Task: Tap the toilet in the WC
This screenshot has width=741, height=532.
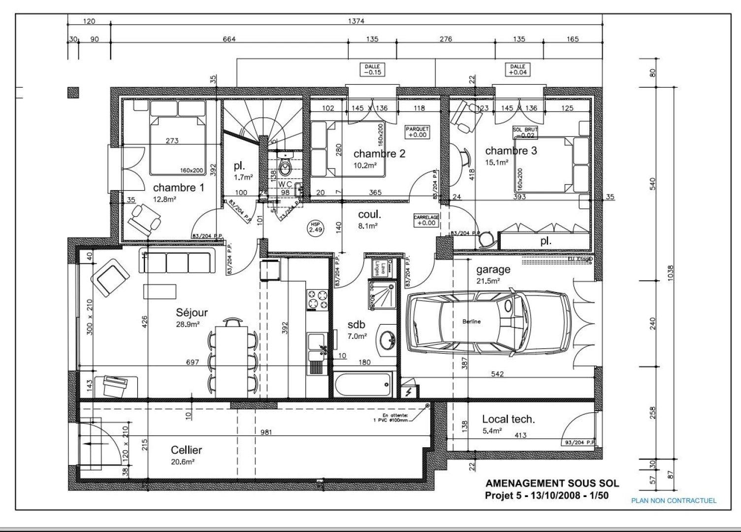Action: click(x=286, y=166)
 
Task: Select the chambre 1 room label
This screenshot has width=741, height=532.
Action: click(x=178, y=188)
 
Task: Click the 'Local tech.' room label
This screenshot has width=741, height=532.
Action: click(x=508, y=419)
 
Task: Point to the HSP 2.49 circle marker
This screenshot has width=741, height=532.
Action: click(x=316, y=227)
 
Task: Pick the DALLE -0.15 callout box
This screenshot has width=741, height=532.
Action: click(x=372, y=69)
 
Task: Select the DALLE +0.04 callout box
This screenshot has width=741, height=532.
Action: click(x=517, y=69)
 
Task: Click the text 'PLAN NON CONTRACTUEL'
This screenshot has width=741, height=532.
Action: click(x=674, y=500)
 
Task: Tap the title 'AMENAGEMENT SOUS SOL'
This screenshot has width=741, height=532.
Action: click(x=552, y=484)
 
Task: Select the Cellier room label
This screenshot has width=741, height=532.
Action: click(x=186, y=450)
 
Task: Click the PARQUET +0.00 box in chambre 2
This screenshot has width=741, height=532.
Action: click(x=417, y=132)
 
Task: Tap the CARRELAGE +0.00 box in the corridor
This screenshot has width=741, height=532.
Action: click(x=426, y=220)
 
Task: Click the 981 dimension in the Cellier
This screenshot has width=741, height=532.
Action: click(x=266, y=432)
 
